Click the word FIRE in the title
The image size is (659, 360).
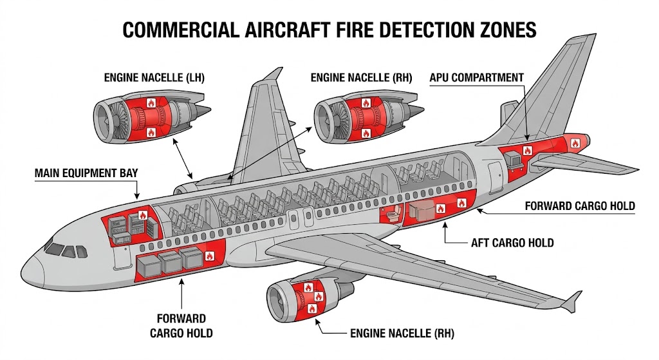[x=342, y=30]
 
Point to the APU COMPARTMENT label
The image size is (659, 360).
[x=476, y=77]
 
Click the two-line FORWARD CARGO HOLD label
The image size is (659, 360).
[x=181, y=326]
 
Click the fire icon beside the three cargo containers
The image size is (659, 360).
[x=209, y=256]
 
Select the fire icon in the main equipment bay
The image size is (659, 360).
[x=142, y=217]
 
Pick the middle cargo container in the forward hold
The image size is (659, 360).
[x=171, y=261]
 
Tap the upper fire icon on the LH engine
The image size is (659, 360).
[x=151, y=102]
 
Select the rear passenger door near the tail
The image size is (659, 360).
[x=494, y=175]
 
